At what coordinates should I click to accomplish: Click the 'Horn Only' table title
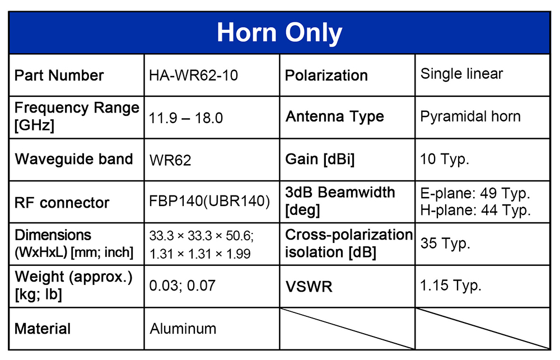coord(279,33)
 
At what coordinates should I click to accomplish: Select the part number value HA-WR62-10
coord(193,76)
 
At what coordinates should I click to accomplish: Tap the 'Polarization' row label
coord(326,76)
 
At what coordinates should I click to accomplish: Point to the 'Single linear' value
coord(461,74)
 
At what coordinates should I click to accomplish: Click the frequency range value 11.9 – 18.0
coord(186,118)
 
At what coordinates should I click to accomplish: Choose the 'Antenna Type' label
coord(335,117)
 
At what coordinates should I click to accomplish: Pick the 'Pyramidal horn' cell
coord(470,117)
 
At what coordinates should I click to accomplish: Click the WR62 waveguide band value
coord(170,160)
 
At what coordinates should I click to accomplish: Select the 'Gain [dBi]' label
coord(320,160)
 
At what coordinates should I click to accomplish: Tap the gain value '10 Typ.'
coord(444,160)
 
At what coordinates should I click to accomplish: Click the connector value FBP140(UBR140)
coord(209,201)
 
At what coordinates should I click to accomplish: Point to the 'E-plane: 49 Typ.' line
coord(475,194)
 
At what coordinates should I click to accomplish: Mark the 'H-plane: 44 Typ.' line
coord(475,210)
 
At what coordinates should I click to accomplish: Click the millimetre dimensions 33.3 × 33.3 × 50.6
coord(202,236)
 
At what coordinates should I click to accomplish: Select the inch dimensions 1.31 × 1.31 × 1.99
coord(200,254)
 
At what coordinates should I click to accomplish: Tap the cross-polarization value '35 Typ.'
coord(445,244)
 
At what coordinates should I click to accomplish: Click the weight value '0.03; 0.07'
coord(182,286)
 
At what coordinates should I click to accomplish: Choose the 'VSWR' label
coord(309,287)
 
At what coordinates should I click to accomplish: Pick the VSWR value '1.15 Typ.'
coord(451,286)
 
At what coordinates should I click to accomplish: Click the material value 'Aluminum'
coord(183,329)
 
